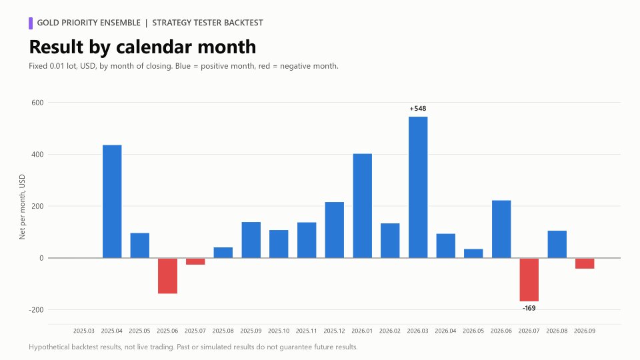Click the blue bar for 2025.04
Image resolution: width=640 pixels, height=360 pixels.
(x=112, y=201)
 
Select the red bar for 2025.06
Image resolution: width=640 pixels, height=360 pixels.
(x=168, y=276)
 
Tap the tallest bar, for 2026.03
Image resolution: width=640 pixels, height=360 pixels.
(x=418, y=187)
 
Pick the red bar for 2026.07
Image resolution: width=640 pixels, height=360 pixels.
(x=529, y=279)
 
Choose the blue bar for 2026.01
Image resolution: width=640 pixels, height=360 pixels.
(x=363, y=206)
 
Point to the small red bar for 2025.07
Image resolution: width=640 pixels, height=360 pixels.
(x=195, y=261)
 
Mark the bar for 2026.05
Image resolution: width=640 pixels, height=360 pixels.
(x=473, y=253)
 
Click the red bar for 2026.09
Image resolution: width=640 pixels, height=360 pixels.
(x=585, y=263)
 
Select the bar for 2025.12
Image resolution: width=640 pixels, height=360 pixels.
(x=335, y=230)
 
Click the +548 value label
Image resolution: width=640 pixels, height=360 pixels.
(x=418, y=109)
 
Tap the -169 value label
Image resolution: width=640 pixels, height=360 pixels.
(x=529, y=308)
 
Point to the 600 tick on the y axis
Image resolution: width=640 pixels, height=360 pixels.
(x=37, y=103)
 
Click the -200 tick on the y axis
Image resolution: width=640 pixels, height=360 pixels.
(x=36, y=310)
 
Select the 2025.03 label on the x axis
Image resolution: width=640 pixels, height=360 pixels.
(x=84, y=331)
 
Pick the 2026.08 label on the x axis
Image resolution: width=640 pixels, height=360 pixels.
(x=557, y=331)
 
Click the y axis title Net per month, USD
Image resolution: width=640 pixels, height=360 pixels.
(x=22, y=207)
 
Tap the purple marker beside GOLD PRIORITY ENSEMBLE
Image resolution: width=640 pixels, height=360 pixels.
(x=31, y=23)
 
